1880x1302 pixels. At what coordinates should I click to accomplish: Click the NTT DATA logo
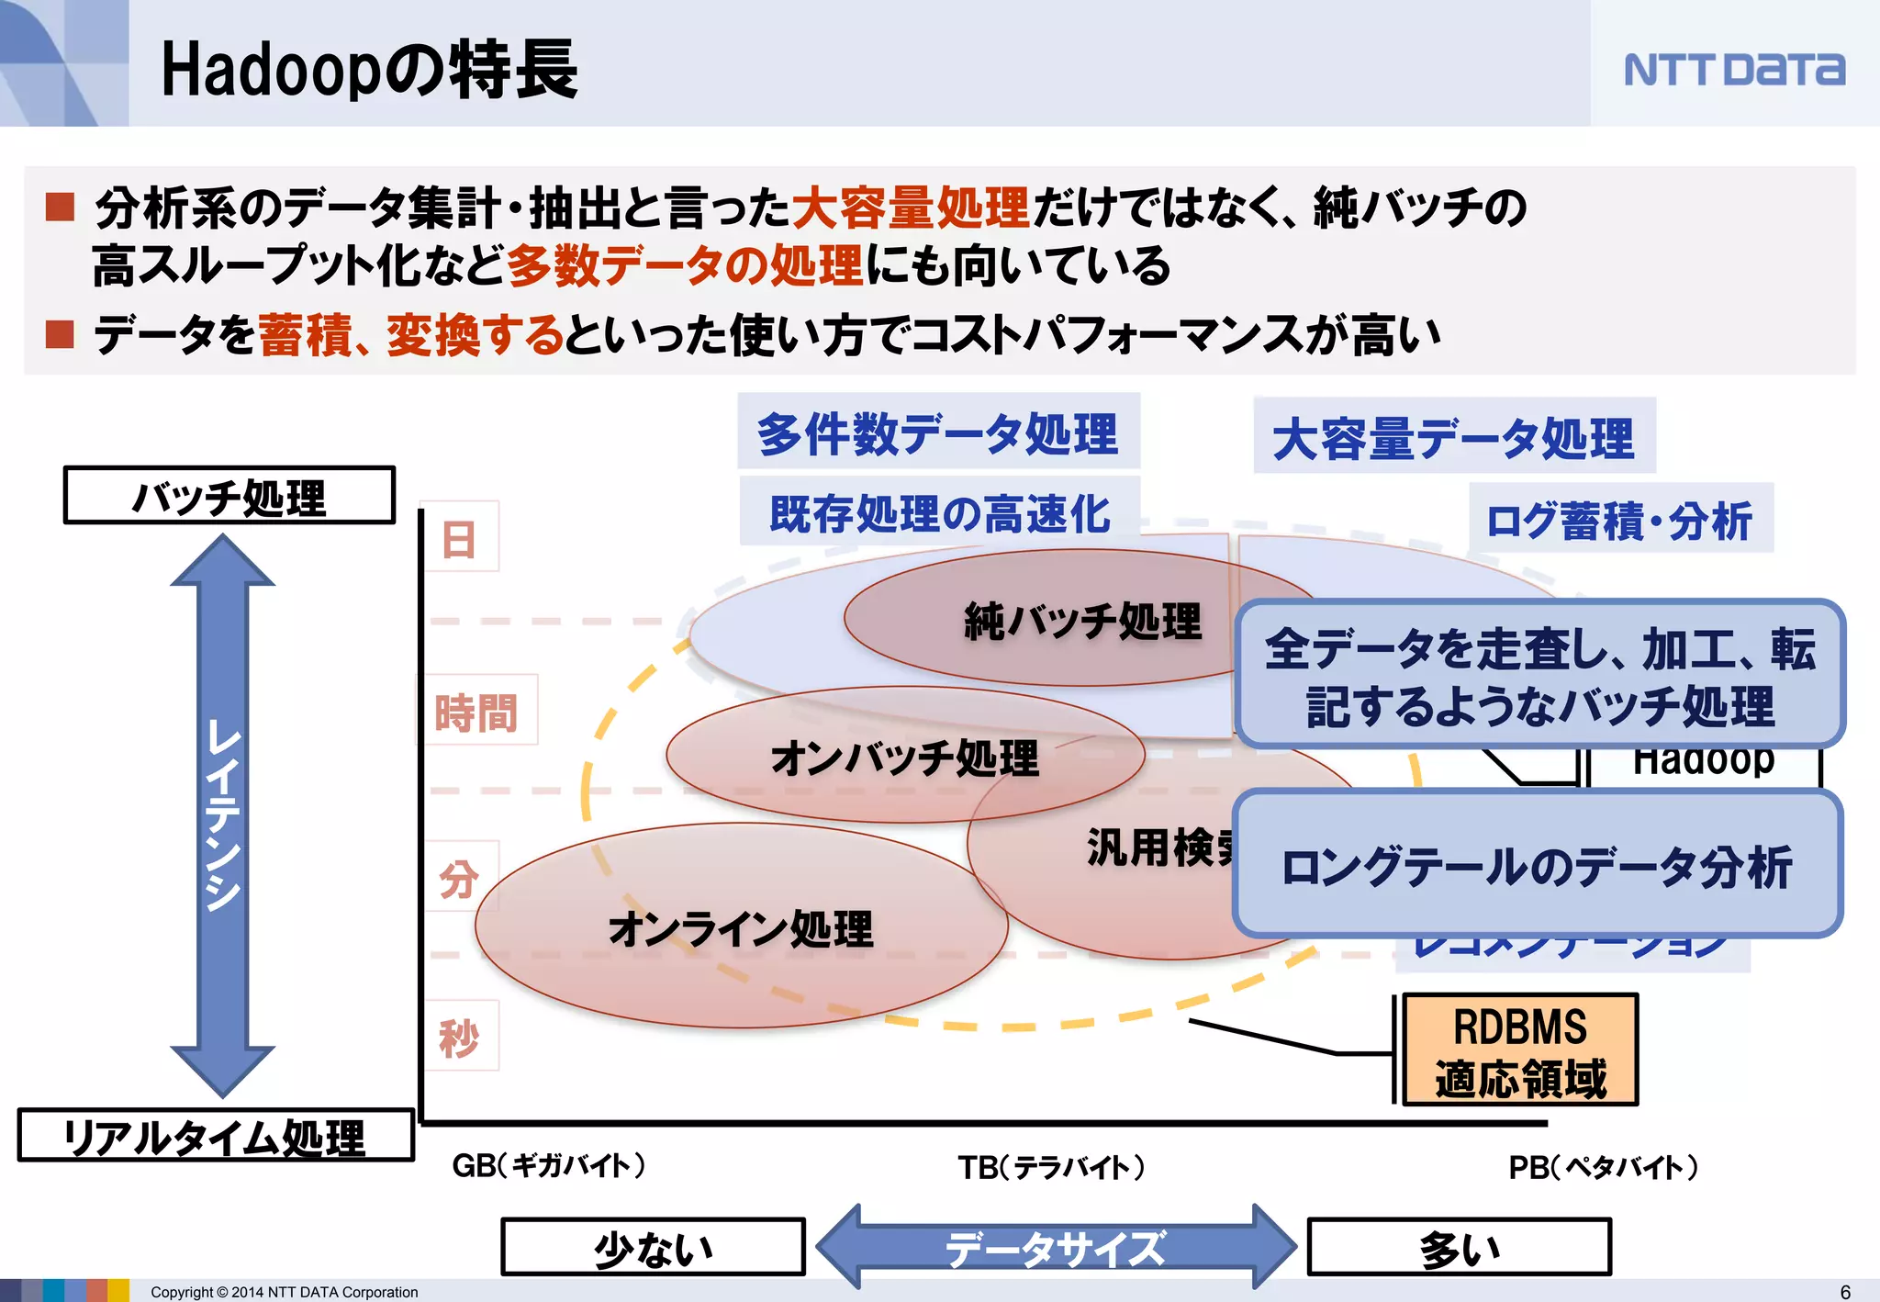point(1733,70)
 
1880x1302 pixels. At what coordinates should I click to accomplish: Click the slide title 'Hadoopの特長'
point(369,70)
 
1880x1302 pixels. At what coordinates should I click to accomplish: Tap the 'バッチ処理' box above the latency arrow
point(229,496)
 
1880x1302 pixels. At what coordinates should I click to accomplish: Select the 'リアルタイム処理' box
point(215,1137)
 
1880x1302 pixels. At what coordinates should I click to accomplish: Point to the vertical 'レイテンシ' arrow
point(223,815)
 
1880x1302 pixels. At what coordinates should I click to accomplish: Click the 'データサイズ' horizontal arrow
point(1056,1247)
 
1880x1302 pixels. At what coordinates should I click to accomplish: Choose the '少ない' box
point(653,1247)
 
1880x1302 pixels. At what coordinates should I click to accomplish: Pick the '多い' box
point(1459,1247)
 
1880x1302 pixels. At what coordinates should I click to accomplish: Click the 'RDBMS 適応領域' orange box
point(1520,1050)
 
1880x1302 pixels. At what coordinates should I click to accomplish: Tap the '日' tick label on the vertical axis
point(459,538)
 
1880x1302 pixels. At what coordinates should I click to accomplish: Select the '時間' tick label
point(476,713)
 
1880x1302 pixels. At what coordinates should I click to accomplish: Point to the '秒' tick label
point(459,1038)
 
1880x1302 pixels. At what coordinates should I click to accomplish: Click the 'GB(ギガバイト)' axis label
point(549,1165)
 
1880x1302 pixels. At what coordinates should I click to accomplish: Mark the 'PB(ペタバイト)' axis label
point(1603,1167)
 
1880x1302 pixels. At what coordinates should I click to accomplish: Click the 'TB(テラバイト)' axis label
point(1051,1167)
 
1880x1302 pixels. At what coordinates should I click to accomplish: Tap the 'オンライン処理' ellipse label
point(741,928)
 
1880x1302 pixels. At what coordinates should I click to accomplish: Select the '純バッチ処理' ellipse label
point(1082,621)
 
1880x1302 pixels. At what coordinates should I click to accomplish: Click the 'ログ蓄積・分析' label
point(1619,520)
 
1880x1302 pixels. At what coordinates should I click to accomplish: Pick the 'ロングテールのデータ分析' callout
point(1537,865)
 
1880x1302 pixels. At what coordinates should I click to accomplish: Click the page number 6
point(1845,1292)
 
